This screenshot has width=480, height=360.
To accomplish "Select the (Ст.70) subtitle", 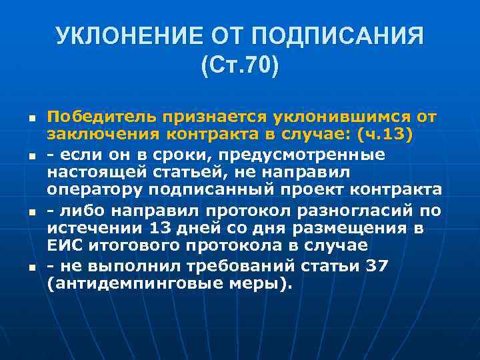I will click(239, 67).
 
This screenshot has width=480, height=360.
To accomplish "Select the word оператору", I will click(96, 191).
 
